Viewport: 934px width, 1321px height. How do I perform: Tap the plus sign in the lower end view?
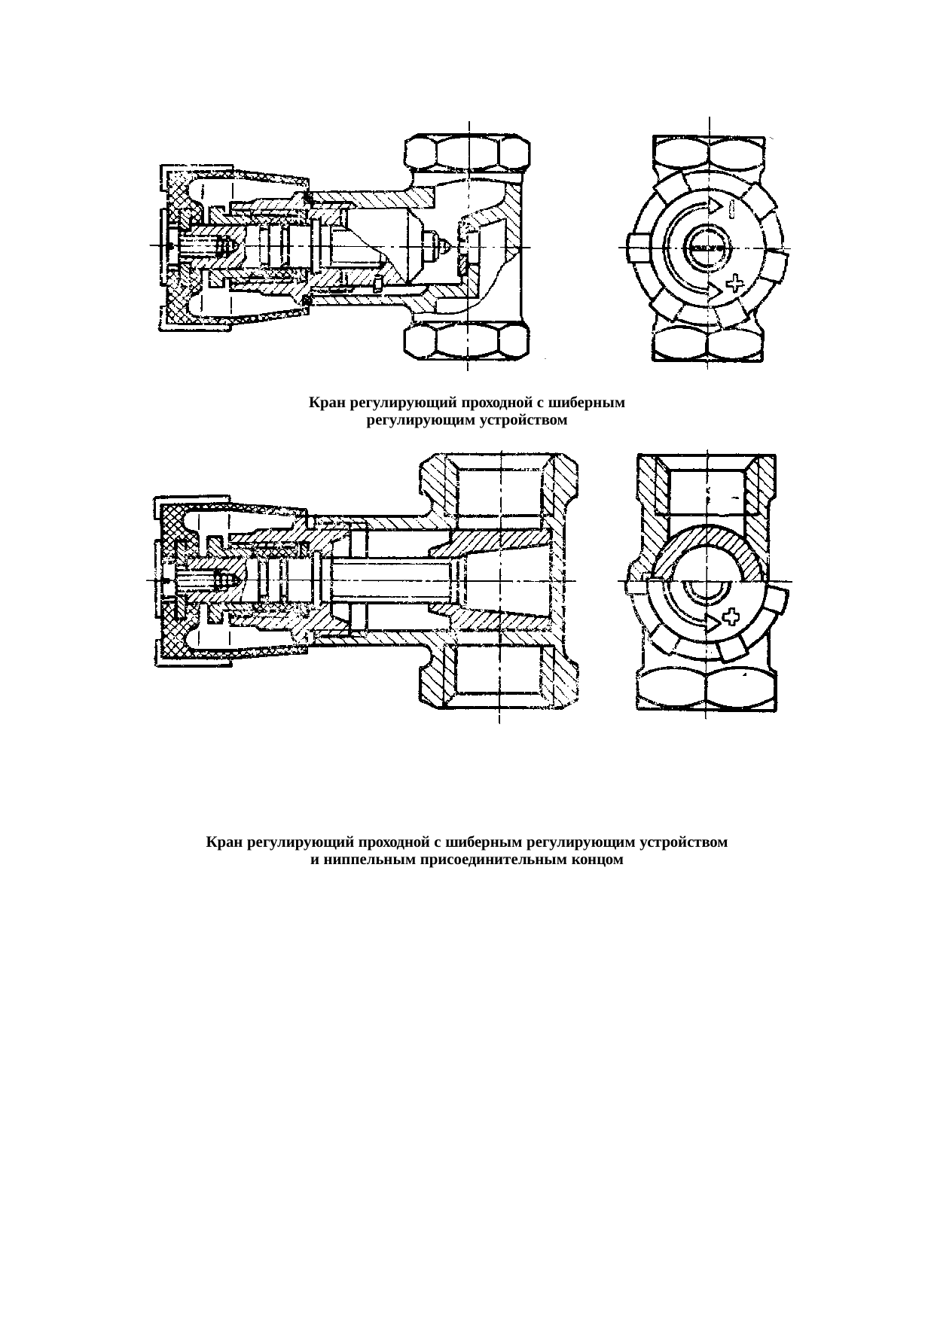pyautogui.click(x=731, y=618)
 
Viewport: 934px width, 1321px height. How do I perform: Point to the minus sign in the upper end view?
pyautogui.click(x=733, y=209)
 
